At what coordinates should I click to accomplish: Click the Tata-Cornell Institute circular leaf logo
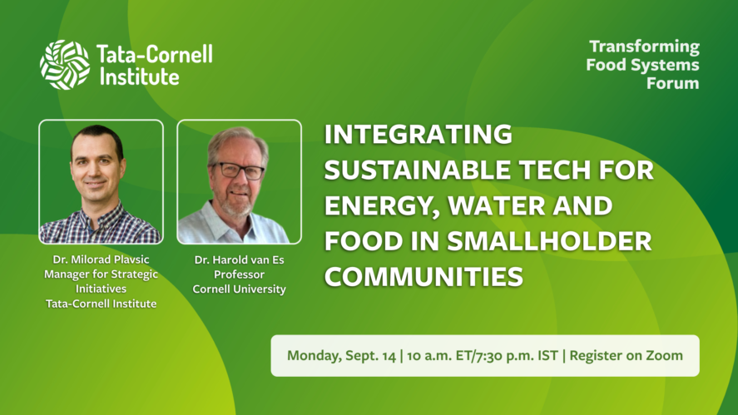coord(64,65)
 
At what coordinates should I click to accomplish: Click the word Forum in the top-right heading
coord(672,83)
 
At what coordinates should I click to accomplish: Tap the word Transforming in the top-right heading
coord(644,47)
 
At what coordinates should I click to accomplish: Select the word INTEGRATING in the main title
coord(418,134)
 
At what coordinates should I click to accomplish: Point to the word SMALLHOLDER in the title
coord(549,241)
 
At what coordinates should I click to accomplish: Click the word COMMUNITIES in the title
coord(423,276)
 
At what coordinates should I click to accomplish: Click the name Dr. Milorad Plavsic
coord(102,259)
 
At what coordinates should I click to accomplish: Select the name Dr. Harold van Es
coord(239,259)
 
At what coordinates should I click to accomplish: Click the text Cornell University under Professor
coord(239,289)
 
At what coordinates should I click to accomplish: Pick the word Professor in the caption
coord(239,274)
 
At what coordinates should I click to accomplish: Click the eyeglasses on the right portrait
coord(239,170)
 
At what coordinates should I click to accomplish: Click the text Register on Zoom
coord(626,356)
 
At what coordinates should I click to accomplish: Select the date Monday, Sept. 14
coord(342,356)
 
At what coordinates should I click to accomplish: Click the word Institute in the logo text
coord(139,77)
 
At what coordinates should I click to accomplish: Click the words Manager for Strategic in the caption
coord(102,274)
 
